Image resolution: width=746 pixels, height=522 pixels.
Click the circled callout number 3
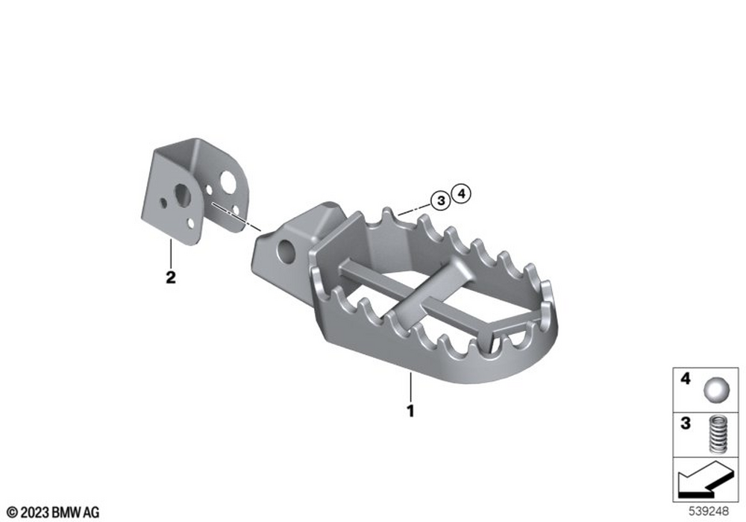tap(441, 200)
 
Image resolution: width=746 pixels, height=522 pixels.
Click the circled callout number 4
tap(461, 193)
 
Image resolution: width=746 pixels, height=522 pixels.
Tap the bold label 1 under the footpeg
tap(410, 411)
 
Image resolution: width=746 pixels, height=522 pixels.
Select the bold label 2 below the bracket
tap(170, 277)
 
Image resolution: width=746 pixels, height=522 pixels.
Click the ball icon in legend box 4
tap(716, 391)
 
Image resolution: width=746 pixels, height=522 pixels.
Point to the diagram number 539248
tap(709, 512)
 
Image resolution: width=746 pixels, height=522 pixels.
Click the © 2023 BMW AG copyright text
tap(53, 512)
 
